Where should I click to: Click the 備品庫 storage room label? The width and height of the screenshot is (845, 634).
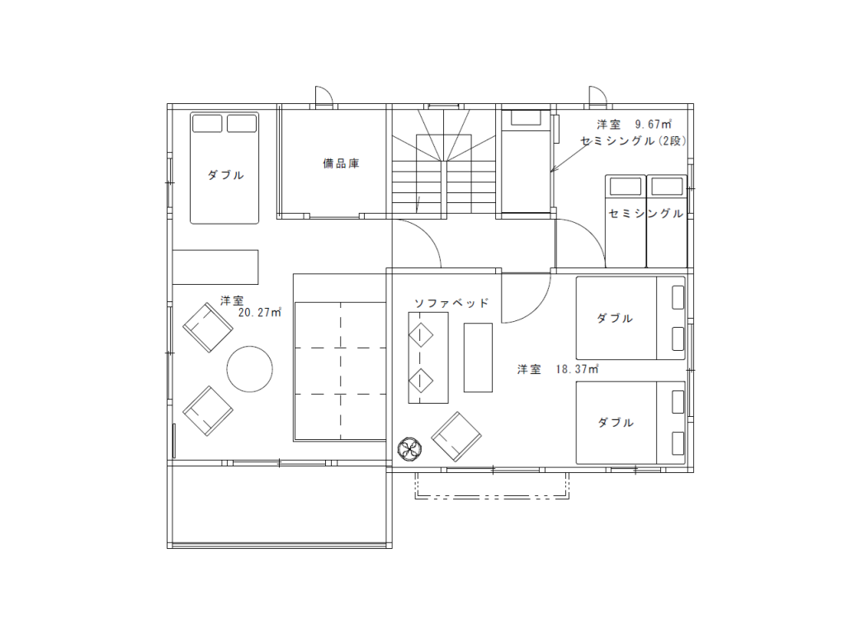tap(341, 163)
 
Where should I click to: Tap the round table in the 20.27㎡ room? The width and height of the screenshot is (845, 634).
tap(249, 369)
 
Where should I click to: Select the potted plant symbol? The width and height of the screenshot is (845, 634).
tap(409, 448)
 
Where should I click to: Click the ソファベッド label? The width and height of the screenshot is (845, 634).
tap(451, 303)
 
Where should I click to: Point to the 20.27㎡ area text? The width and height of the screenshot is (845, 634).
tap(260, 312)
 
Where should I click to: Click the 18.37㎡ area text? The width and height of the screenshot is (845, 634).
tap(577, 369)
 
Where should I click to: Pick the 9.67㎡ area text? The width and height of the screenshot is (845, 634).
tap(654, 125)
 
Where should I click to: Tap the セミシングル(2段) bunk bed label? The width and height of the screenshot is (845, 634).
tap(634, 141)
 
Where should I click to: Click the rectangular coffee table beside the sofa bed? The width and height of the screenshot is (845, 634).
tap(478, 357)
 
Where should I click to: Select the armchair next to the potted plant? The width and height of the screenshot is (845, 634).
tap(456, 437)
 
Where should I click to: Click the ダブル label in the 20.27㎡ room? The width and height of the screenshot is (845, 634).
tap(226, 175)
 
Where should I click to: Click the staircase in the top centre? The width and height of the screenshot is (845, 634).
tap(444, 162)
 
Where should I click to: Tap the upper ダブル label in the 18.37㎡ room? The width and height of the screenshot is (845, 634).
tap(615, 318)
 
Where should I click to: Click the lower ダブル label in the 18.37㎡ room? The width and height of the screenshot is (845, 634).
tap(616, 422)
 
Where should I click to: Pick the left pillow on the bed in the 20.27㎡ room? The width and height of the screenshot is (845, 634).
tap(207, 124)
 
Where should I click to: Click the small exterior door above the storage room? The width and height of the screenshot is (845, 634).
tap(323, 96)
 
